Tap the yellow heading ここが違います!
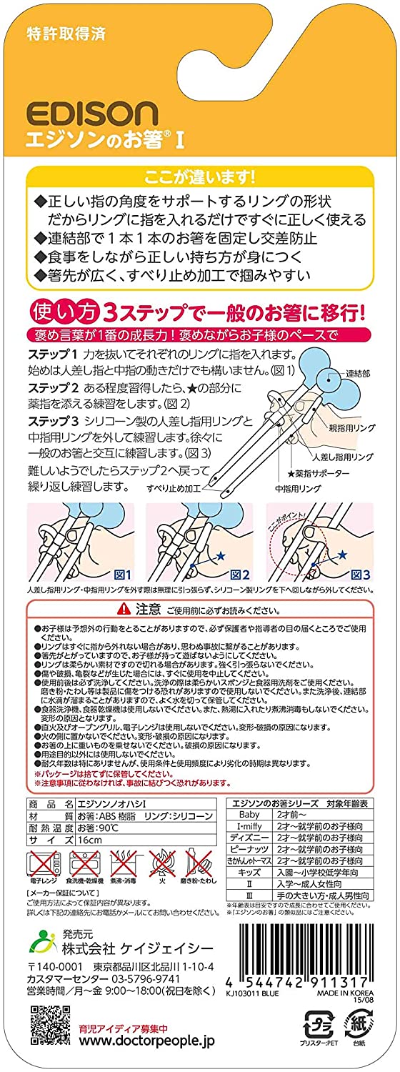tap(199, 177)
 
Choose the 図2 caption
tap(239, 574)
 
